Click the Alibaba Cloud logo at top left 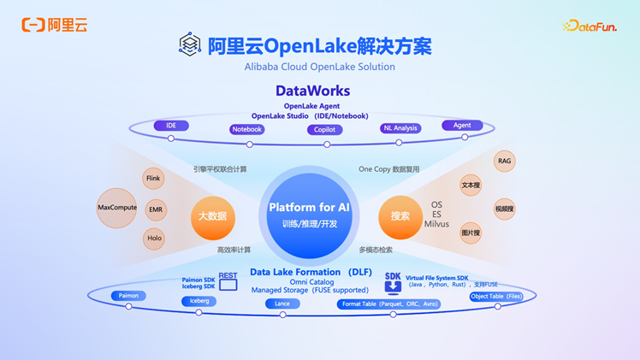[55, 25]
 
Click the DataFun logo [590, 27]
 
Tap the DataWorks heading [312, 91]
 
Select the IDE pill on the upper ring [171, 126]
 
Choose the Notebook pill [247, 130]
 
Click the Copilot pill [324, 130]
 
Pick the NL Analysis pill [400, 128]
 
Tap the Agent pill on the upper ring [462, 126]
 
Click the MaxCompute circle [117, 208]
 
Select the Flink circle [153, 179]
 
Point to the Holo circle [154, 239]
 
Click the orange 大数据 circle [212, 216]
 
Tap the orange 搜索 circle [400, 216]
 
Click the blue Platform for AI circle [309, 215]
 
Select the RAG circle [505, 161]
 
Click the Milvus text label [436, 224]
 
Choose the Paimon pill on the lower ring [128, 296]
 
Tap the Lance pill [282, 304]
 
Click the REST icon [228, 280]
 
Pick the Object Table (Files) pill [496, 297]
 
